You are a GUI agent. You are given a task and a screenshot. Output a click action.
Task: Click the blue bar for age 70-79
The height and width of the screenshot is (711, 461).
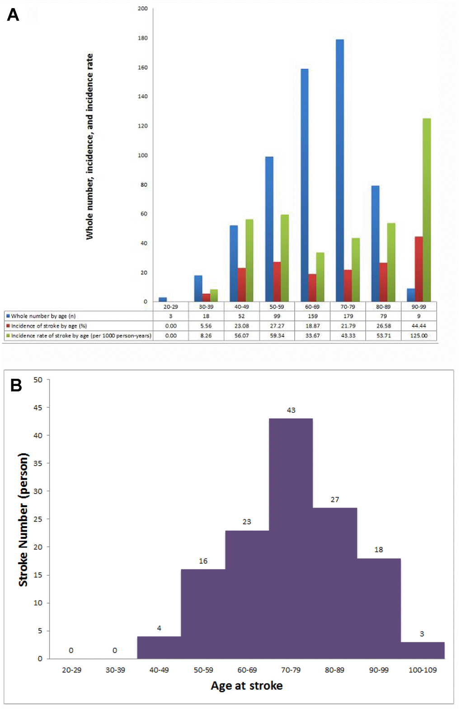(x=340, y=170)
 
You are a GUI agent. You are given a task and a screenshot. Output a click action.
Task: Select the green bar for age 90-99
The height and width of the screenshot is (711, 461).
(x=426, y=210)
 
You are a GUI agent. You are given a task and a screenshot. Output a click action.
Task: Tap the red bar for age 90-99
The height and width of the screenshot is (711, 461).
(x=419, y=269)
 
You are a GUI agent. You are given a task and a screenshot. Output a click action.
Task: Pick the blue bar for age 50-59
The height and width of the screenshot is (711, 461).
(x=269, y=229)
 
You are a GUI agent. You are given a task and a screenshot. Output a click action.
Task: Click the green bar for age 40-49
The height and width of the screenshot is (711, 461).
(x=249, y=260)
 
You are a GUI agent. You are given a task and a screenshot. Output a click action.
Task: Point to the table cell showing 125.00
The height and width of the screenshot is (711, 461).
(x=419, y=336)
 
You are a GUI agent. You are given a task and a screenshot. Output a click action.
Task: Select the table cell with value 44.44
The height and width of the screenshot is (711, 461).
(x=419, y=326)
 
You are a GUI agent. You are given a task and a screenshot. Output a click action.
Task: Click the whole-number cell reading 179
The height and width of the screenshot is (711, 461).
(x=348, y=316)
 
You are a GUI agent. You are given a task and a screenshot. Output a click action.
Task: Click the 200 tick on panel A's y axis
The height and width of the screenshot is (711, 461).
(x=143, y=9)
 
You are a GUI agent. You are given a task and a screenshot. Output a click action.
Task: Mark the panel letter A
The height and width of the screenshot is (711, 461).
(x=13, y=15)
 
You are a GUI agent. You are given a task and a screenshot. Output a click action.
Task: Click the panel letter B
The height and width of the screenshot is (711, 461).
(x=16, y=385)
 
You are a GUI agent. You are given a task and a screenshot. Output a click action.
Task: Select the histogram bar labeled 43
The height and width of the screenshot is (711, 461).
(x=291, y=538)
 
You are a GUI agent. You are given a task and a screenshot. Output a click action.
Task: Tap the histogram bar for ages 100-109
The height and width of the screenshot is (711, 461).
(x=423, y=650)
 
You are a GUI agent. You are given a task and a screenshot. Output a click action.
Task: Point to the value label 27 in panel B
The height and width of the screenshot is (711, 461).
(x=334, y=499)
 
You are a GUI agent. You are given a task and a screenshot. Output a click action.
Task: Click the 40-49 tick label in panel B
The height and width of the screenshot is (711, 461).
(x=159, y=670)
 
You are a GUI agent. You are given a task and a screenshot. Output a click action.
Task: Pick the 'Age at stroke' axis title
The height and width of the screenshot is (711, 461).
(x=247, y=686)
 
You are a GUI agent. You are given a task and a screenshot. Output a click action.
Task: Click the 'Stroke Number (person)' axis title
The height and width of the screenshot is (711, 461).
(x=23, y=520)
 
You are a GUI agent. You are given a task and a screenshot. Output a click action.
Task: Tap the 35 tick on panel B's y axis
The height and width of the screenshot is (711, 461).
(x=38, y=463)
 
